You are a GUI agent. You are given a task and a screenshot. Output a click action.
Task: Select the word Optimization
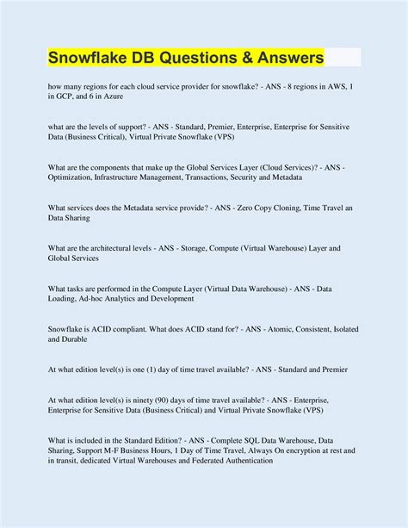(75, 177)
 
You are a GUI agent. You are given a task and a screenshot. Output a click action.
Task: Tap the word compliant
(131, 329)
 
